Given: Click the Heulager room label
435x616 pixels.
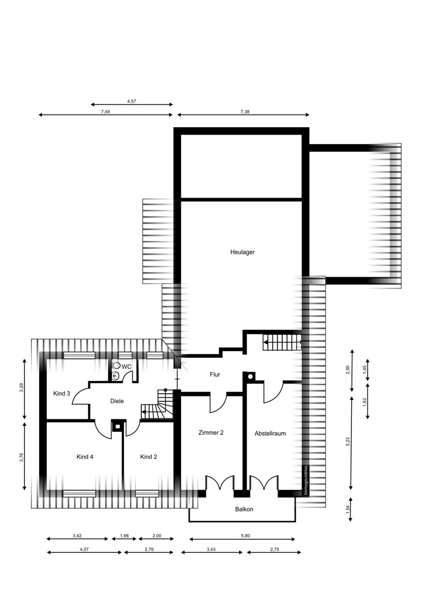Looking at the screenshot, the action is click(x=242, y=252).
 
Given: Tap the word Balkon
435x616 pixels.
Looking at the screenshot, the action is click(x=244, y=509).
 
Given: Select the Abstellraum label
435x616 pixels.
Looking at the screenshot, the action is click(x=270, y=433).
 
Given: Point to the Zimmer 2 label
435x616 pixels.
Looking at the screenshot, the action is click(x=211, y=433).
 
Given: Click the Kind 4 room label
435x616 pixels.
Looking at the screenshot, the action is click(x=85, y=457).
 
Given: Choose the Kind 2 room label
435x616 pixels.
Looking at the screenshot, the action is click(x=149, y=457).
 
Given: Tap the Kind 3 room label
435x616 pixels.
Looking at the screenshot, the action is click(x=62, y=394).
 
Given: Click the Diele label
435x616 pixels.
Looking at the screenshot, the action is click(x=117, y=401).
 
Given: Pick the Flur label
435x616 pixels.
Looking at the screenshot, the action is click(x=215, y=374).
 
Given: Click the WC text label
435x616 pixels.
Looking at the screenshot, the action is click(x=126, y=367).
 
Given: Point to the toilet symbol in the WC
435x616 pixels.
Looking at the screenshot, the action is click(x=116, y=365).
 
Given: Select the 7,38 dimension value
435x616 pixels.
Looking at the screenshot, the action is click(x=245, y=112).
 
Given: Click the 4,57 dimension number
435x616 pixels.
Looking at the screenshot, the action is click(x=131, y=101).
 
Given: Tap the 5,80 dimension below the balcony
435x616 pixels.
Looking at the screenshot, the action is click(x=245, y=535).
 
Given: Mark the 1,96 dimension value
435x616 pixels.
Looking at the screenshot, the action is click(x=125, y=535).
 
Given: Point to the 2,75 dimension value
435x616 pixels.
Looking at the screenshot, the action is click(x=274, y=549).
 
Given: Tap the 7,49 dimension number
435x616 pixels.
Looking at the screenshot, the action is click(x=105, y=112).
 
